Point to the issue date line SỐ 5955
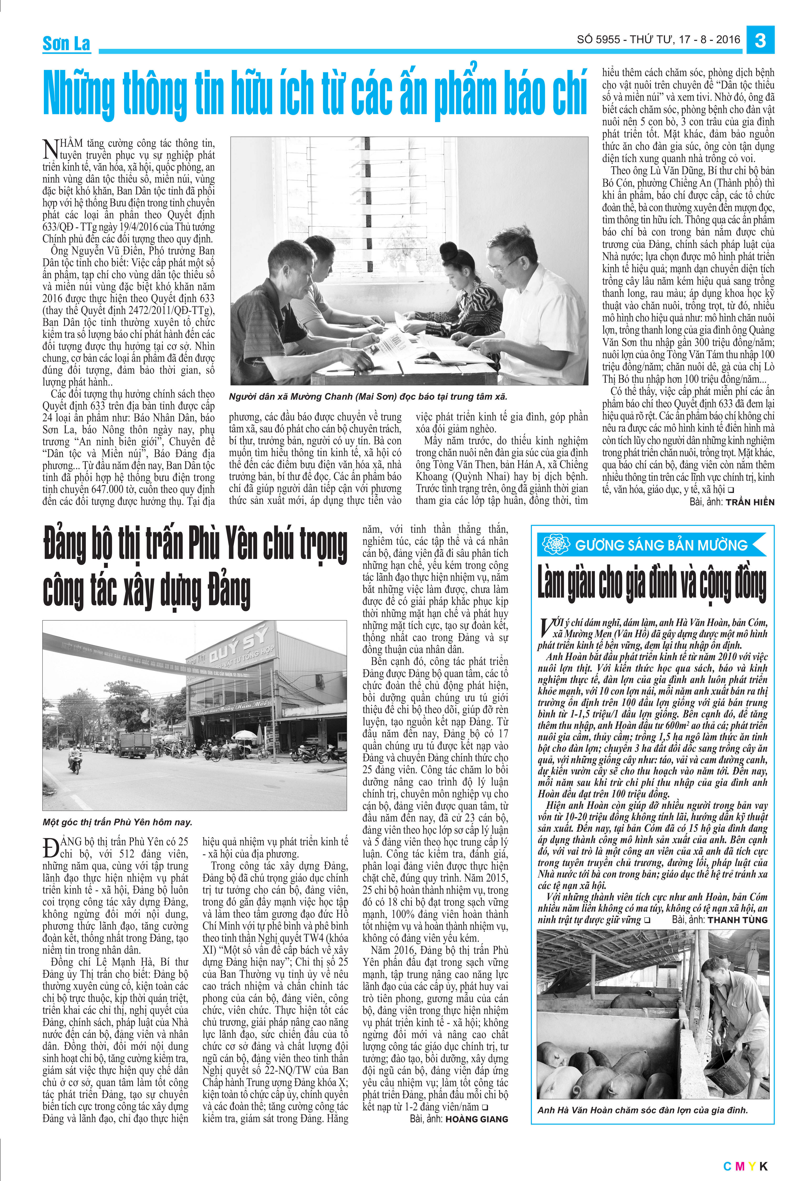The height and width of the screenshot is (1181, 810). (x=658, y=40)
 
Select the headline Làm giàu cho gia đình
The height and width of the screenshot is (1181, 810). (x=652, y=584)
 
